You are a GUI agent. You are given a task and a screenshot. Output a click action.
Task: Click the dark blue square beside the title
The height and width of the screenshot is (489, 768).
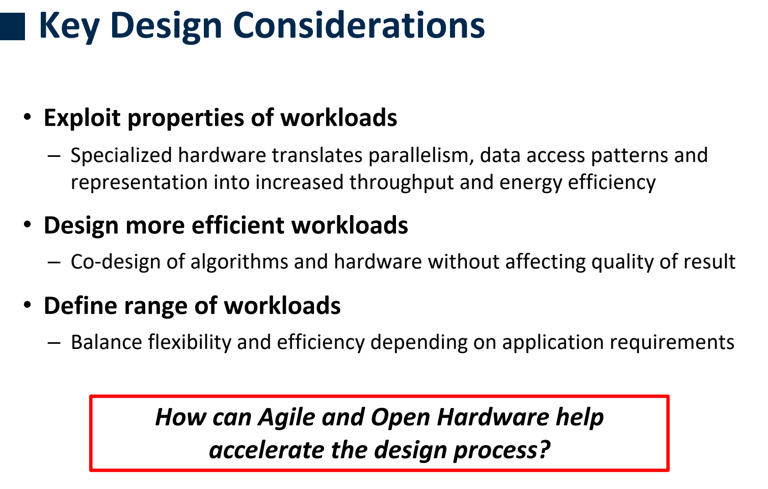[12, 26]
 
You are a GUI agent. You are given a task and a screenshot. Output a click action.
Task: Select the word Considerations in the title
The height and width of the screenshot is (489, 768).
[359, 25]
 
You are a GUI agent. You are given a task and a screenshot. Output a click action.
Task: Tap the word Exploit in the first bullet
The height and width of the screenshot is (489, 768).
[82, 118]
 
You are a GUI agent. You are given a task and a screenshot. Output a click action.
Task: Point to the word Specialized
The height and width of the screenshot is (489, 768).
[121, 155]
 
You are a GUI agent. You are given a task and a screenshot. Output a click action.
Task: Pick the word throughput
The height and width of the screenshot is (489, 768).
[402, 182]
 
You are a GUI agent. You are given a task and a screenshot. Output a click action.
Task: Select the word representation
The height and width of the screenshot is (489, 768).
[139, 183]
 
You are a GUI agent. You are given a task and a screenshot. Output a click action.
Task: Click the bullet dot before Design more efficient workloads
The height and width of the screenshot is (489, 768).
[28, 225]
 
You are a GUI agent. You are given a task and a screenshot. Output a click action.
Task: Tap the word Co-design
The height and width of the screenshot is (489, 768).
[116, 262]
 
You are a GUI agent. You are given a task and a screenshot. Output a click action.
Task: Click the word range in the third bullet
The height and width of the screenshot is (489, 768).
[156, 306]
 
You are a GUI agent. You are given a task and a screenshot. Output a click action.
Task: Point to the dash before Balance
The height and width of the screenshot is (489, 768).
[54, 343]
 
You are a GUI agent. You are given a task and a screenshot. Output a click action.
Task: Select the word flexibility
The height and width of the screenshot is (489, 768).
[190, 342]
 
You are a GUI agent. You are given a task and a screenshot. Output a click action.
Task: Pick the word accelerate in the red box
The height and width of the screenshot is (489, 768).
[267, 450]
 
